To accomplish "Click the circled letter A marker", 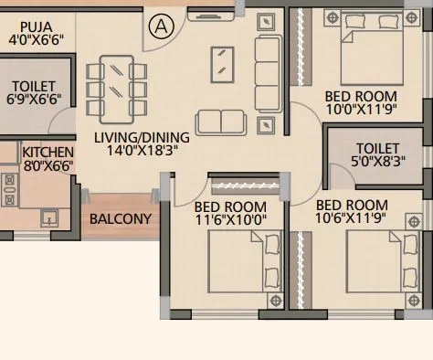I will pyautogui.click(x=161, y=26).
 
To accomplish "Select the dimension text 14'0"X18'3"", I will pyautogui.click(x=142, y=152).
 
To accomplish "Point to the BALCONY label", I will pyautogui.click(x=120, y=219).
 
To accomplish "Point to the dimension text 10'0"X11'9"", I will pyautogui.click(x=361, y=109).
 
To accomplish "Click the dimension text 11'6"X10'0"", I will pyautogui.click(x=231, y=220).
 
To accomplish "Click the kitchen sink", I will pyautogui.click(x=48, y=217).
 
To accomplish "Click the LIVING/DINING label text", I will pyautogui.click(x=142, y=138).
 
